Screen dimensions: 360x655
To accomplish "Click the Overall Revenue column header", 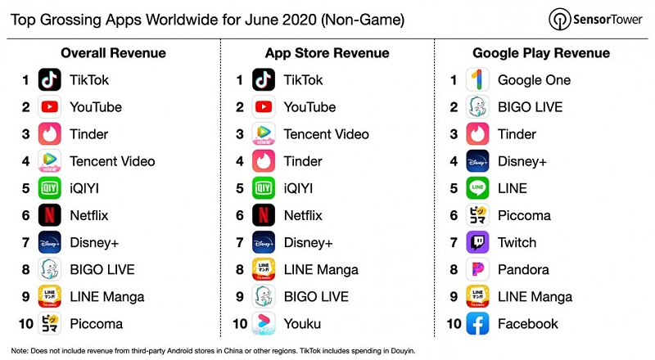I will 113,53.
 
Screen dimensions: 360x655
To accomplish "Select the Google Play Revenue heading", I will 541,53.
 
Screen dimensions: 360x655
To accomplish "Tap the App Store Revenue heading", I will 327,53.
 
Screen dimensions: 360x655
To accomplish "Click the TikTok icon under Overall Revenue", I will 50,80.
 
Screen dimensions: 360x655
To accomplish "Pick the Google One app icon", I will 477,80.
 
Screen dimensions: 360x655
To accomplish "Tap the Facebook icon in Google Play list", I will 477,323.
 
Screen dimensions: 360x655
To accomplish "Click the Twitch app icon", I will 477,242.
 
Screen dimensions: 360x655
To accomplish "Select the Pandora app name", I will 523,269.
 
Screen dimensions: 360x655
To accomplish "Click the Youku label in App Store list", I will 302,323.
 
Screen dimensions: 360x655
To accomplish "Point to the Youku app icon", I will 264,323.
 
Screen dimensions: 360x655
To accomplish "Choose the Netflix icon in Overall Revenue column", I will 50,215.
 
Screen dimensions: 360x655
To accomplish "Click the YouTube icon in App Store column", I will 264,107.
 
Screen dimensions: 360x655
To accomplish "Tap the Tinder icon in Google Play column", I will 477,134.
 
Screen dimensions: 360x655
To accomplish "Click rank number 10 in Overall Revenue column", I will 26,323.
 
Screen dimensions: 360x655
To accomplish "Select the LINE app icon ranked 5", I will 477,188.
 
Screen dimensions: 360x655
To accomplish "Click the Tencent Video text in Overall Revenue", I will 112,161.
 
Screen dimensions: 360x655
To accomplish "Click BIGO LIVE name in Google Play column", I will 531,107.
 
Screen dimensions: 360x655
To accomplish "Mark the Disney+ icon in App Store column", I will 264,242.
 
